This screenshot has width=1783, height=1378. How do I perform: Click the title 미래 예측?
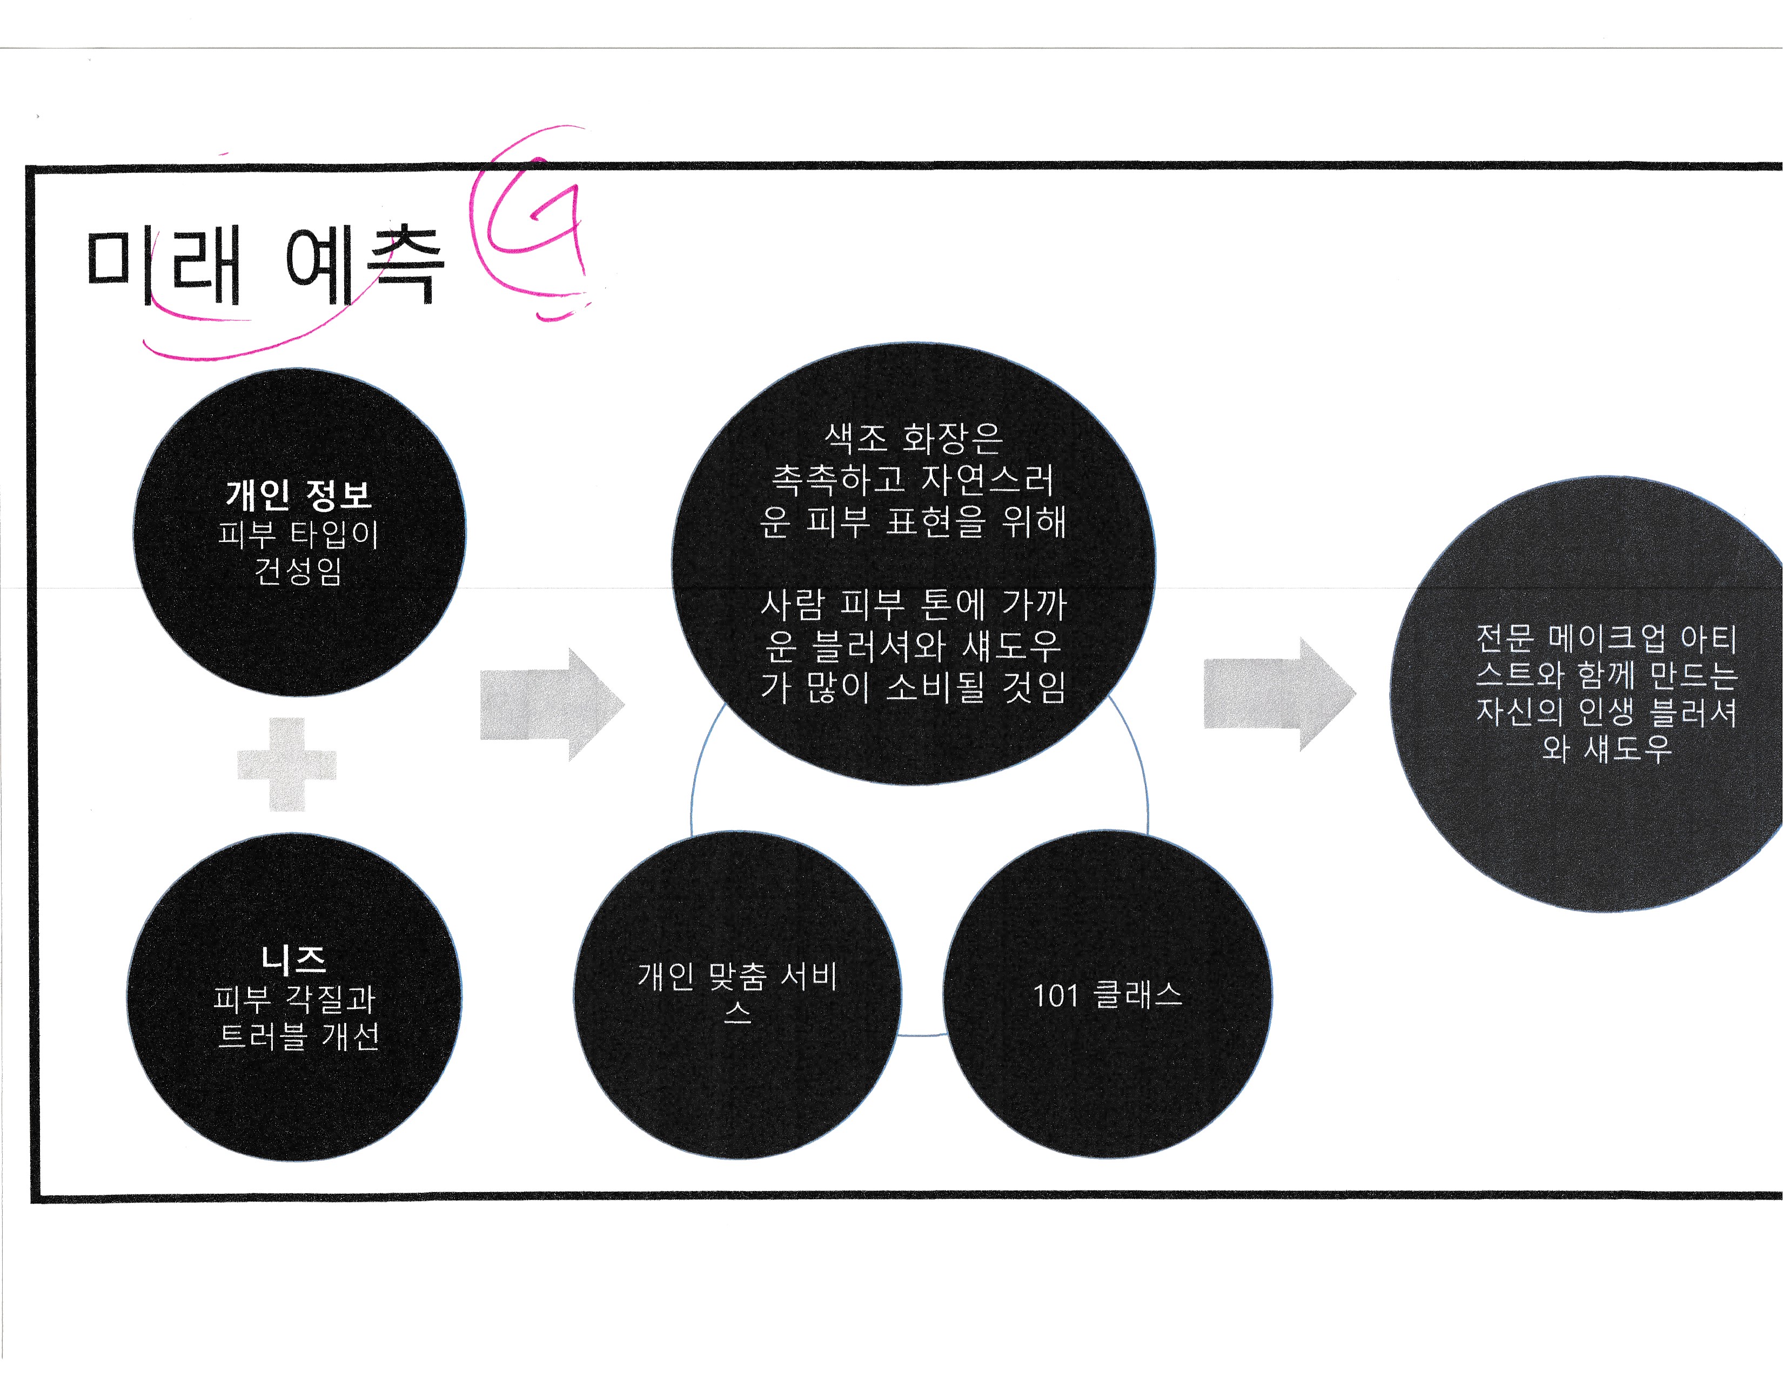[x=265, y=265]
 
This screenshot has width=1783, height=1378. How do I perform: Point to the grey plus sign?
[x=286, y=765]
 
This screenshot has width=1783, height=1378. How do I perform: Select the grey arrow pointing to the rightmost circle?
[x=1278, y=694]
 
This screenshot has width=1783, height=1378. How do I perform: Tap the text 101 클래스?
[x=1107, y=995]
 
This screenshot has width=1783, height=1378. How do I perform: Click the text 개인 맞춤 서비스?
[x=737, y=990]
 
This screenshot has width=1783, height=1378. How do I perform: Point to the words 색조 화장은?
[x=913, y=438]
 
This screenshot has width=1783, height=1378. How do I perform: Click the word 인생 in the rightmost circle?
[x=1606, y=712]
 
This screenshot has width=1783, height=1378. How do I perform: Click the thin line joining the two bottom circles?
[x=922, y=1035]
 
